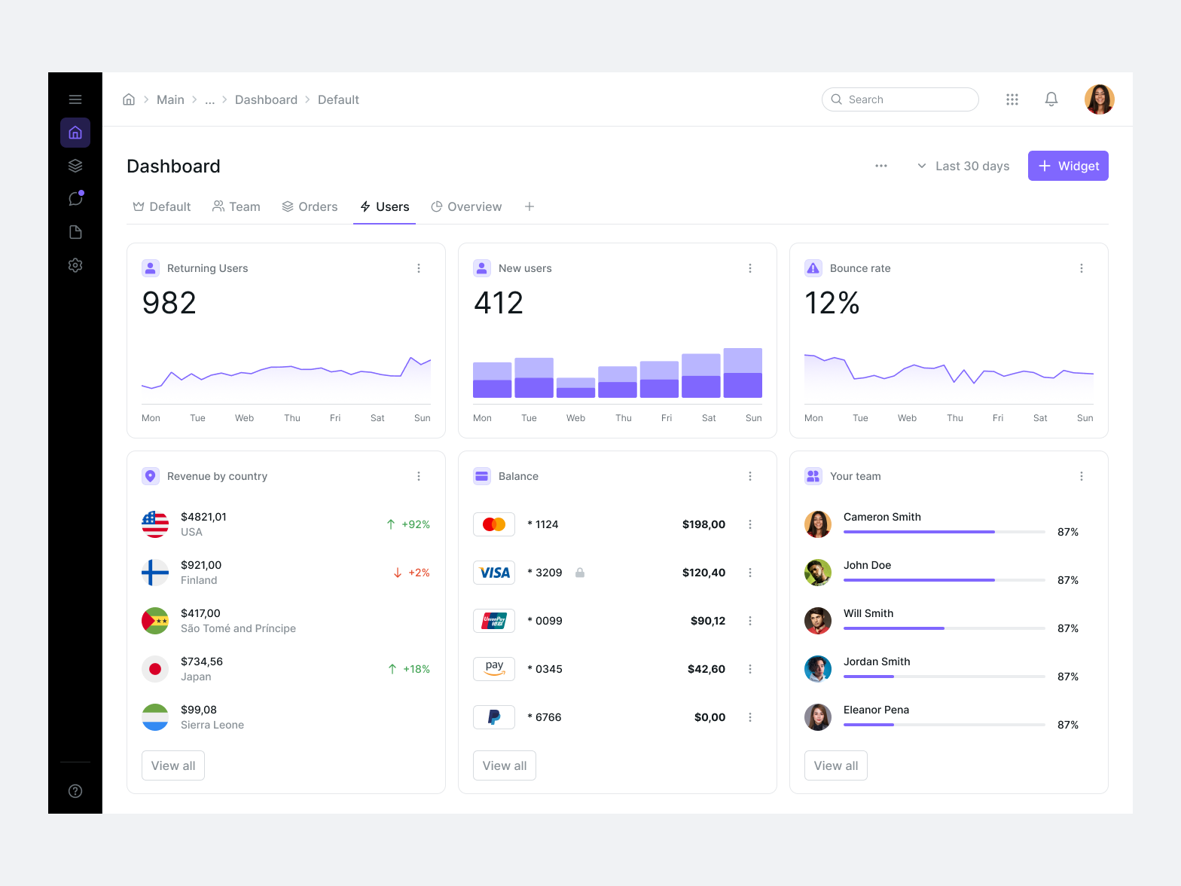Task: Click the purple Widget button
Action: pos(1067,166)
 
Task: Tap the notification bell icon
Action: pos(1051,99)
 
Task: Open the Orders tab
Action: pos(310,206)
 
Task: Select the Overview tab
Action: pos(466,206)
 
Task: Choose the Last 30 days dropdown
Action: pos(963,166)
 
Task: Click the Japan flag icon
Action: pos(155,669)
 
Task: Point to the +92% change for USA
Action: pos(408,524)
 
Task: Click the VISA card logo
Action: pos(494,573)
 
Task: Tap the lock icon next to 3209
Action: pos(580,573)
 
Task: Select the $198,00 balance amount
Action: pos(703,524)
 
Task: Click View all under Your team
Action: pos(835,765)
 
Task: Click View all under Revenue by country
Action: pos(173,765)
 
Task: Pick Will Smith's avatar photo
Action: pos(817,621)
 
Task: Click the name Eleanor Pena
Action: pos(876,710)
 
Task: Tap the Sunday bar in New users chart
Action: pos(743,373)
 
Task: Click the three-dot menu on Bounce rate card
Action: pos(1081,268)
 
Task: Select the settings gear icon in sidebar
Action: pos(75,265)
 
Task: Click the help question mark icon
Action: pos(75,791)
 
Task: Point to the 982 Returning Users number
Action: pos(169,303)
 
